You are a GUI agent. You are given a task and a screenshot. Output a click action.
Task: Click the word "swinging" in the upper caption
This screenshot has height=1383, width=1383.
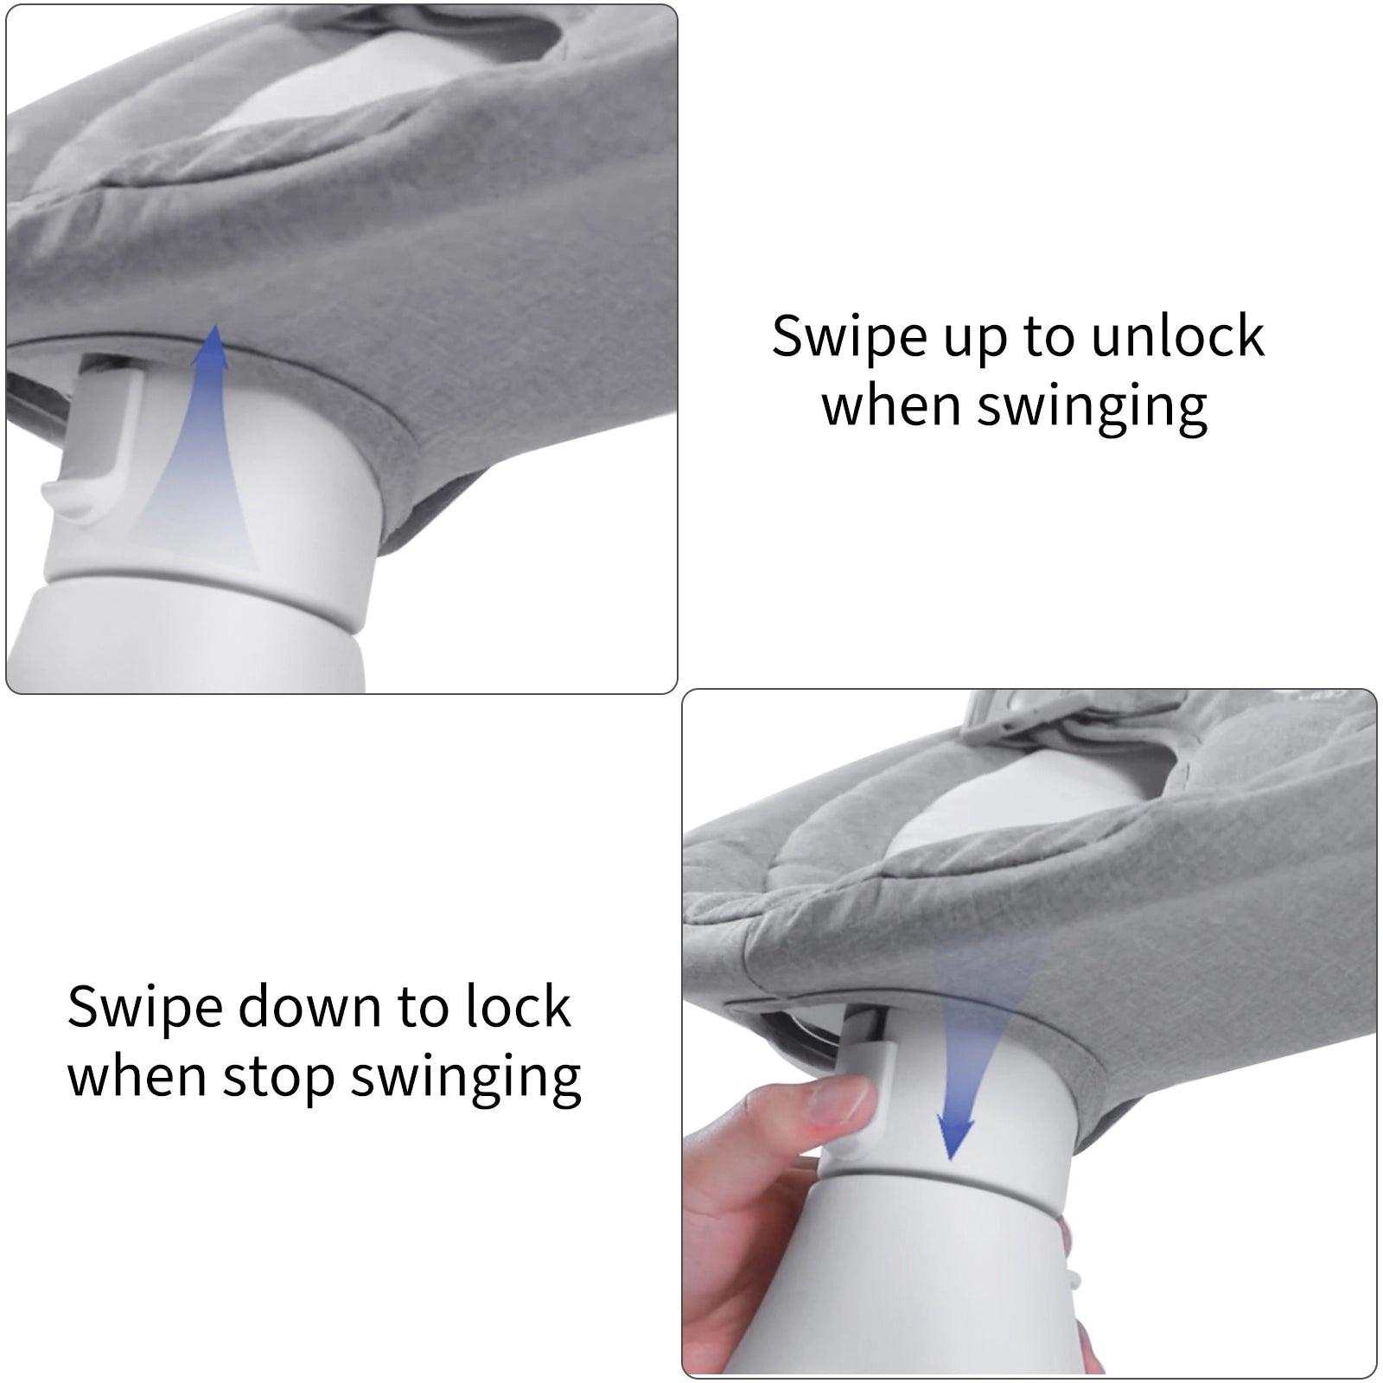click(x=1092, y=408)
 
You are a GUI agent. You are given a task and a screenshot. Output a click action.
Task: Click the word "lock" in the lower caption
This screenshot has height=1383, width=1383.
click(x=518, y=1007)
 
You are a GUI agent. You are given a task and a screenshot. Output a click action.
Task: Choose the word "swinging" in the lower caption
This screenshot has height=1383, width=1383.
click(x=466, y=1079)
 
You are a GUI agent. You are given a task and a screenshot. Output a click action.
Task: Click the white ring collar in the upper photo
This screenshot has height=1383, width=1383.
click(x=207, y=596)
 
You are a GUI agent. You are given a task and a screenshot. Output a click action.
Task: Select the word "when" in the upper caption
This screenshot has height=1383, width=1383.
click(x=891, y=406)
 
